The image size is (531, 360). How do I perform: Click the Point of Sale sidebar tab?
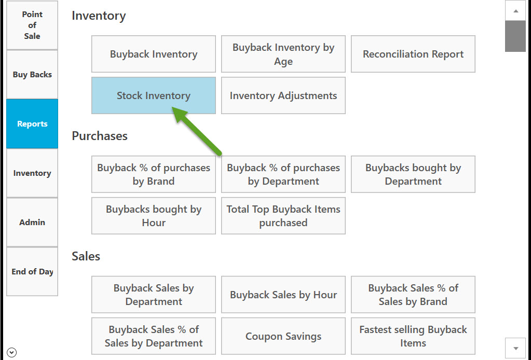pyautogui.click(x=32, y=25)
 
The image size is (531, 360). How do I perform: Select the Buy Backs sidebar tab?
pyautogui.click(x=32, y=74)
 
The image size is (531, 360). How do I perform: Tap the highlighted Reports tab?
pyautogui.click(x=32, y=124)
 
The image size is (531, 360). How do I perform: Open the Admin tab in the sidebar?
pyautogui.click(x=32, y=223)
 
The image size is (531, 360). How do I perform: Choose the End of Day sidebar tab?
pyautogui.click(x=32, y=272)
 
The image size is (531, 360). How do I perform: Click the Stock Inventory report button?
pyautogui.click(x=154, y=95)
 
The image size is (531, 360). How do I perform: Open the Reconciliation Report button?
pyautogui.click(x=413, y=54)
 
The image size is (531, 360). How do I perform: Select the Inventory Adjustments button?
pyautogui.click(x=283, y=95)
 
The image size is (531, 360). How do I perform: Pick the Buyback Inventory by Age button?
pyautogui.click(x=283, y=54)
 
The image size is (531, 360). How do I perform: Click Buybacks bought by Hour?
pyautogui.click(x=154, y=216)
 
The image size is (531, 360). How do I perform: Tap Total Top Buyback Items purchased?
pyautogui.click(x=283, y=216)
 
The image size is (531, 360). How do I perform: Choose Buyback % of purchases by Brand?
pyautogui.click(x=154, y=174)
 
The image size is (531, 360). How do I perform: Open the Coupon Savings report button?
pyautogui.click(x=283, y=336)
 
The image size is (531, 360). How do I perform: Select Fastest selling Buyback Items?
pyautogui.click(x=413, y=336)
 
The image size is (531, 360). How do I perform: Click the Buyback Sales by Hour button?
pyautogui.click(x=283, y=295)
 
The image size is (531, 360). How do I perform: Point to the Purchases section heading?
pyautogui.click(x=100, y=136)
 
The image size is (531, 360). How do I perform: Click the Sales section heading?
pyautogui.click(x=86, y=256)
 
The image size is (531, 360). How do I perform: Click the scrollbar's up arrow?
pyautogui.click(x=515, y=11)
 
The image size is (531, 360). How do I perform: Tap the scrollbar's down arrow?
pyautogui.click(x=515, y=348)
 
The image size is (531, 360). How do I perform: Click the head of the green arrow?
pyautogui.click(x=173, y=108)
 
